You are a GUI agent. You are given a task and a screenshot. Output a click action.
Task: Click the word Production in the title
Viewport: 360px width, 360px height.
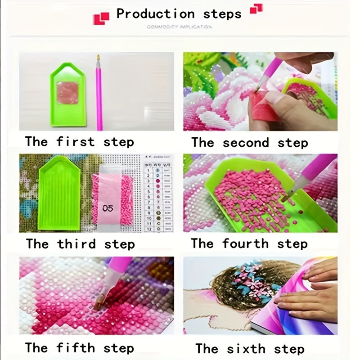click(155, 13)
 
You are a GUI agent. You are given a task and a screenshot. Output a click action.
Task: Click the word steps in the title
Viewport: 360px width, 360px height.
click(222, 13)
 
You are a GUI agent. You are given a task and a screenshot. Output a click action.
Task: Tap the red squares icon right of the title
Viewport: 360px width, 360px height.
click(256, 9)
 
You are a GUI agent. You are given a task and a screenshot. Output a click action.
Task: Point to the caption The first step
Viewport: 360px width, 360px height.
click(80, 142)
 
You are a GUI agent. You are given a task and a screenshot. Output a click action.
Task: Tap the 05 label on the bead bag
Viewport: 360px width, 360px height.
click(108, 208)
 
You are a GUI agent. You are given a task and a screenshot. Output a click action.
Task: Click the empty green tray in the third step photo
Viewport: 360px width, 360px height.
click(59, 193)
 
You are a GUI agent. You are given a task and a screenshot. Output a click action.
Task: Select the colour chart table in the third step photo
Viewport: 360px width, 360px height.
click(157, 193)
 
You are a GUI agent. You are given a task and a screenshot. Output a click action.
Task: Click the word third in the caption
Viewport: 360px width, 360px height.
click(76, 244)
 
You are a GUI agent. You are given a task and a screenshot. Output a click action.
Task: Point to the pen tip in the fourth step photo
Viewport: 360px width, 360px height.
click(286, 197)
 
